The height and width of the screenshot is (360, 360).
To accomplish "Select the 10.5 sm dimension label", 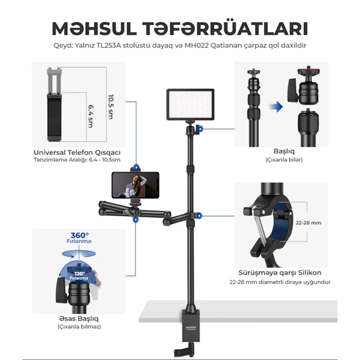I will pyautogui.click(x=110, y=106).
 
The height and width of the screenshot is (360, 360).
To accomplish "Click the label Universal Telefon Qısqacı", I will pyautogui.click(x=80, y=152).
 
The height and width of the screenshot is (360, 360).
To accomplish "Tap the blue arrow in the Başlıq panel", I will pyautogui.click(x=275, y=107).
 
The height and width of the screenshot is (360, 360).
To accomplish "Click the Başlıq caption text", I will pyautogui.click(x=282, y=152).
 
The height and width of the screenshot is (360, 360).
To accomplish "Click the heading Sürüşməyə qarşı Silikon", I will pyautogui.click(x=279, y=273).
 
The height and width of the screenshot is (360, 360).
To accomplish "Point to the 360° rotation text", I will pyautogui.click(x=80, y=235).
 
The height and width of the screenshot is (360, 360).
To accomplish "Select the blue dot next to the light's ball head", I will pyautogui.click(x=199, y=129).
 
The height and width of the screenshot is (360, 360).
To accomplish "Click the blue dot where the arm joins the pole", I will pyautogui.click(x=199, y=215).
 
